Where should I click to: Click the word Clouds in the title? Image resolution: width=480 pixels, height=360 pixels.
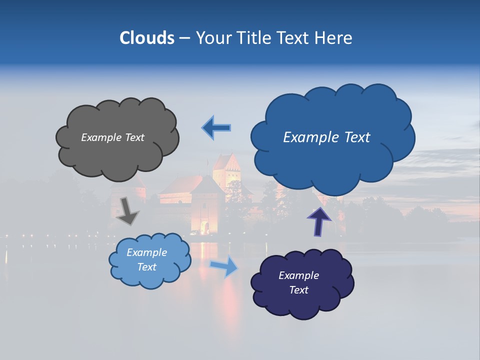(x=146, y=38)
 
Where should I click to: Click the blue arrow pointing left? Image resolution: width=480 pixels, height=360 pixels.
(x=216, y=128)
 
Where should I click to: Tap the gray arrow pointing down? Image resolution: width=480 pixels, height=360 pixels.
(x=127, y=210)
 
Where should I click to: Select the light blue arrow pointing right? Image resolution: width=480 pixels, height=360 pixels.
(x=224, y=266)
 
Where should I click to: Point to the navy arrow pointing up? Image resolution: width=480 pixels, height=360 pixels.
(x=318, y=221)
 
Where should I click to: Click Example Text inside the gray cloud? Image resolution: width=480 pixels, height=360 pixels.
(x=112, y=137)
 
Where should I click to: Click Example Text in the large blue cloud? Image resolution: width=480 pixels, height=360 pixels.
(x=326, y=137)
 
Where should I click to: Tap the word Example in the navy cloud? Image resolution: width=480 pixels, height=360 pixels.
(x=298, y=275)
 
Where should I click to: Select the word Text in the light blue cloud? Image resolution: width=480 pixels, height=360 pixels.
(x=146, y=267)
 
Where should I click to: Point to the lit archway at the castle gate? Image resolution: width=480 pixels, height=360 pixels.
(x=205, y=228)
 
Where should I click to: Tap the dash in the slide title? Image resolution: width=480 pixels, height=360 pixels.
(x=184, y=38)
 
